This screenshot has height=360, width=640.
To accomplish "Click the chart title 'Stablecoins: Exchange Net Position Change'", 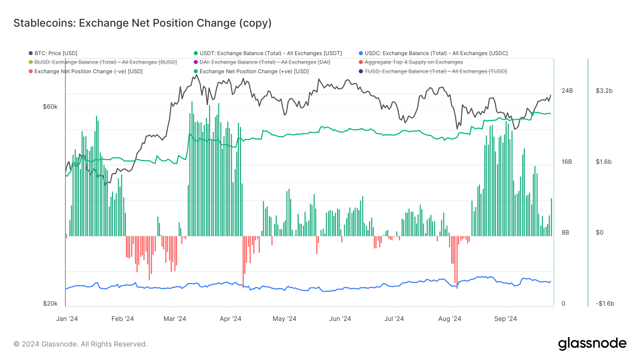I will [142, 23].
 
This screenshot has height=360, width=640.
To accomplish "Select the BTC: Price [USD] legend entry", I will [55, 53].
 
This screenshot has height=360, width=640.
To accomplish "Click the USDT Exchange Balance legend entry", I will [270, 53].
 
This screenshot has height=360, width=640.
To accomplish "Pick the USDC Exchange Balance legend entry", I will [436, 53].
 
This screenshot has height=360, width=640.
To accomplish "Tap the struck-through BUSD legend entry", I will [105, 62].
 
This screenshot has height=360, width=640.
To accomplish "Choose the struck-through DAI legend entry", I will [265, 62].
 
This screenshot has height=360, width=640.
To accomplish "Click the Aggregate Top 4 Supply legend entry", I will [414, 62].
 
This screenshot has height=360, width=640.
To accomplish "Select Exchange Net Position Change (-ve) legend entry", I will [88, 71].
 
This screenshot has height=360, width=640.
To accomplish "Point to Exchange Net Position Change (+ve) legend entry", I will [254, 71].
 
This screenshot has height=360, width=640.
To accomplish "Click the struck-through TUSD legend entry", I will [436, 71].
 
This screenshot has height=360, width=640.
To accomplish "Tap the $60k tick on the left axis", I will [50, 107].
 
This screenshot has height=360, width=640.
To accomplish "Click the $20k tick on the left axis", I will [50, 303].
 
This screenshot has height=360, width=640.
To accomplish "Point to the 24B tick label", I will [567, 91].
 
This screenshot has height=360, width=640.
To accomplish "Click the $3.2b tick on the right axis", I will [604, 91].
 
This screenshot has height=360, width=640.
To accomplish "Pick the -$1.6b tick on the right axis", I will [605, 303].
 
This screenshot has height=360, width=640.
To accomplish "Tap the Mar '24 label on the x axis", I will [175, 319].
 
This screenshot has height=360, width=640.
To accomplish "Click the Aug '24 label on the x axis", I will [449, 319].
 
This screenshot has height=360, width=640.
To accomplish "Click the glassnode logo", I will [592, 344].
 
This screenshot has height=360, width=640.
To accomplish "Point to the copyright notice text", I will [80, 344].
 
